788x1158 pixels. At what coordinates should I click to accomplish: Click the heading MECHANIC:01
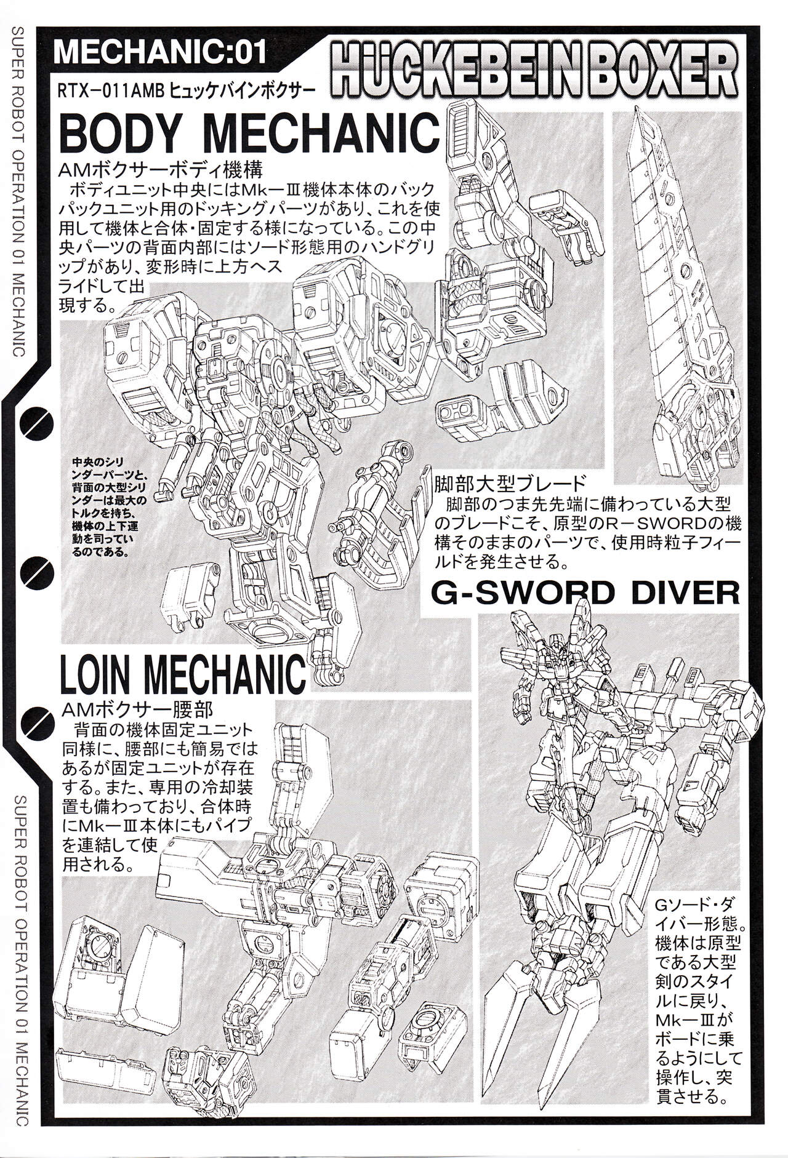[x=160, y=53]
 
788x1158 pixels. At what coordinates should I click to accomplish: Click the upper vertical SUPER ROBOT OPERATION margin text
[x=18, y=190]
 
